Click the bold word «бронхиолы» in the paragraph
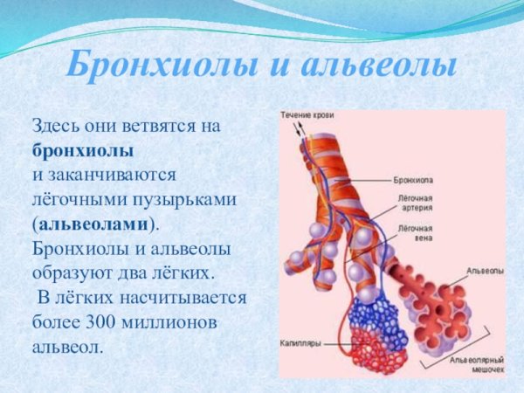pyautogui.click(x=82, y=150)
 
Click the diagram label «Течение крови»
pyautogui.click(x=307, y=114)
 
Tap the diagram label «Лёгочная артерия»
pyautogui.click(x=416, y=204)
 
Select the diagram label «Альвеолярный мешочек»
pyautogui.click(x=476, y=364)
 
